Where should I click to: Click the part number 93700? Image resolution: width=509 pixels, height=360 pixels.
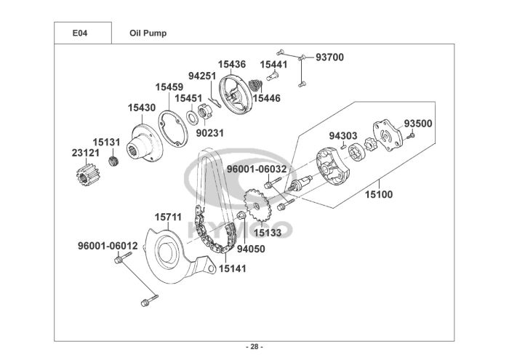coord(329,57)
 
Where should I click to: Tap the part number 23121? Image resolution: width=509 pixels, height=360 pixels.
coord(86,154)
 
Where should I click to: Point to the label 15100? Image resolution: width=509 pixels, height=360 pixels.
coord(378,195)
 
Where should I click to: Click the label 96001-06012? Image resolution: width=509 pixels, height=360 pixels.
coord(108,246)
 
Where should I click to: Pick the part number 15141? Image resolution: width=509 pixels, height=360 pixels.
coord(233,268)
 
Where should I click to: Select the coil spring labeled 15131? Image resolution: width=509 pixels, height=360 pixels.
coord(113,161)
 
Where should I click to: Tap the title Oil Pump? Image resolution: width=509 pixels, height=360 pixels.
coord(148,33)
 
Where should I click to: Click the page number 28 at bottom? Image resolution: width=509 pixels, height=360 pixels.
coord(254,345)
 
